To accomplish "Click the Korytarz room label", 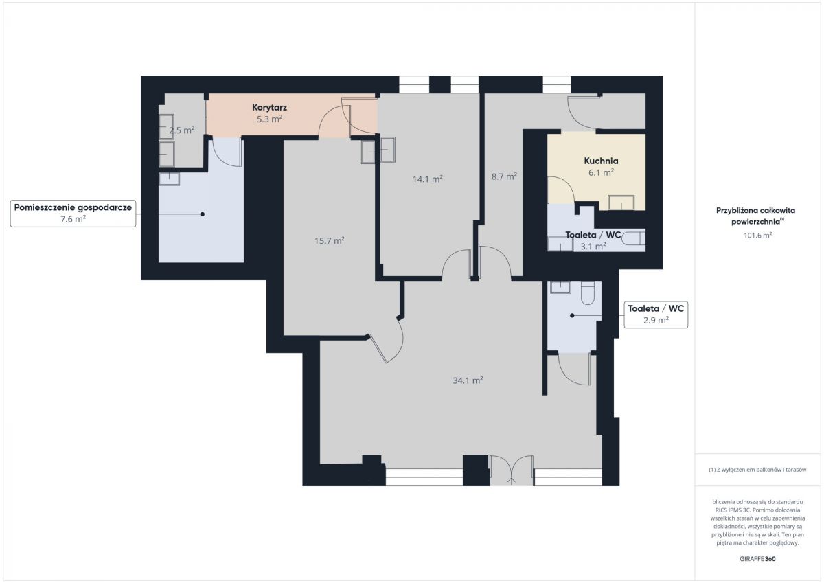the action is click(269, 107).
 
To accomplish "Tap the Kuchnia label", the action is click(601, 161).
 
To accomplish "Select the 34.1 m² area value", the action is click(468, 380).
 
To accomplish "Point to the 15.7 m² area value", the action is click(329, 240).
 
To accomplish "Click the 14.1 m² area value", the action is click(427, 179).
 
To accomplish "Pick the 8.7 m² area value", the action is click(504, 176).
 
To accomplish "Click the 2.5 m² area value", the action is click(182, 130).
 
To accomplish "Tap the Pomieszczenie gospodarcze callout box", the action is click(73, 214).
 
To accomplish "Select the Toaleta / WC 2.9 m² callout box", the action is click(656, 315).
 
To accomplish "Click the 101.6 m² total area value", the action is click(757, 236).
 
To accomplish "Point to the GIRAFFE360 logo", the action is click(757, 559).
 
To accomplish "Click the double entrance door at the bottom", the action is click(512, 470).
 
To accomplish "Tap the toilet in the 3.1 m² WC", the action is click(633, 238).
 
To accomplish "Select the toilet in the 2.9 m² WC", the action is click(588, 293).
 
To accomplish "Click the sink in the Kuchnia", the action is click(621, 203).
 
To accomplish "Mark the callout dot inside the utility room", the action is click(203, 214).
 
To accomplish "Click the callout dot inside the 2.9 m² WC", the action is click(572, 315).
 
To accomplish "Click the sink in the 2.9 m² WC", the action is click(560, 287).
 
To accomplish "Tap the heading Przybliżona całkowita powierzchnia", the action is click(755, 216).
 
